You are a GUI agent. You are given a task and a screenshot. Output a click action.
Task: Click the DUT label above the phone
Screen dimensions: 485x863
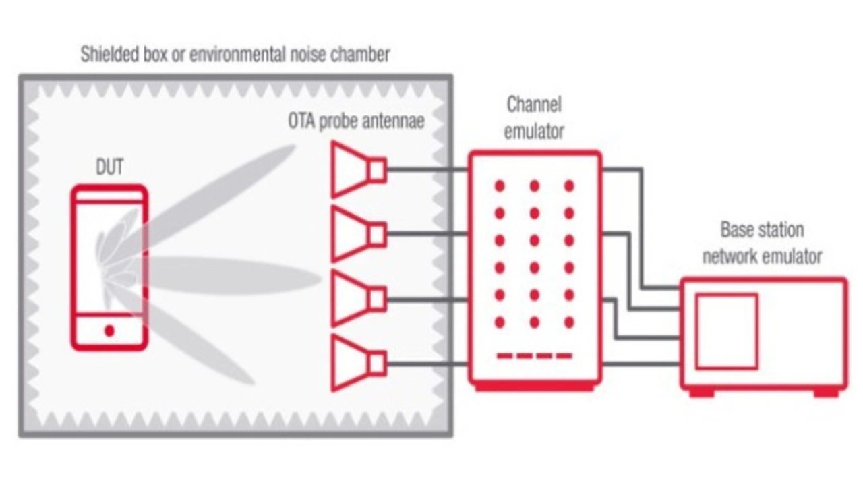pyautogui.click(x=110, y=167)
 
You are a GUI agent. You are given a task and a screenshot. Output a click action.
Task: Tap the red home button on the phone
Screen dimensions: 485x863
pyautogui.click(x=109, y=331)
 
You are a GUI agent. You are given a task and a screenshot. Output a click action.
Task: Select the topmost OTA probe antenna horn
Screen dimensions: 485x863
pyautogui.click(x=357, y=169)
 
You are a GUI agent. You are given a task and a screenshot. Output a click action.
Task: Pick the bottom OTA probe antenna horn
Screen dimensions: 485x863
pyautogui.click(x=357, y=364)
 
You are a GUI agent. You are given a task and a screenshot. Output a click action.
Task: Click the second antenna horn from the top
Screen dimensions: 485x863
pyautogui.click(x=357, y=234)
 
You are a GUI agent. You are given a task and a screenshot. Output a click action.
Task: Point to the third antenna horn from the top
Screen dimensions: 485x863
pyautogui.click(x=357, y=299)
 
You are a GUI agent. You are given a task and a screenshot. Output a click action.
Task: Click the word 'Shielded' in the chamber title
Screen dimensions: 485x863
pyautogui.click(x=109, y=55)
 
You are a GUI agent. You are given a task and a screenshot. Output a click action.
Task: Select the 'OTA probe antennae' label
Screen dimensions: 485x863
pyautogui.click(x=357, y=122)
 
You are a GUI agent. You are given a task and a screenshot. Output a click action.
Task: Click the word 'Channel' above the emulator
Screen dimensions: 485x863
pyautogui.click(x=534, y=105)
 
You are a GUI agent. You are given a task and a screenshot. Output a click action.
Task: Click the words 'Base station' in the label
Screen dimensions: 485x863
pyautogui.click(x=762, y=230)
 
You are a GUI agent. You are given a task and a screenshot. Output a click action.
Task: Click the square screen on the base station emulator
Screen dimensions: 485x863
pyautogui.click(x=726, y=331)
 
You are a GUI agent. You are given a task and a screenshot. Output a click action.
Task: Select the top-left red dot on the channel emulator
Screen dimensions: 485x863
pyautogui.click(x=500, y=186)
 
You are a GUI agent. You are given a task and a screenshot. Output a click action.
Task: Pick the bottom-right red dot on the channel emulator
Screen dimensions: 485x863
pyautogui.click(x=569, y=322)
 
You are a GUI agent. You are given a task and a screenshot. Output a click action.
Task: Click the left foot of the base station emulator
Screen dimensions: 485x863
pyautogui.click(x=701, y=392)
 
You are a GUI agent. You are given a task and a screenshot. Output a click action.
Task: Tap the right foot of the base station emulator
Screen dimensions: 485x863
pyautogui.click(x=827, y=392)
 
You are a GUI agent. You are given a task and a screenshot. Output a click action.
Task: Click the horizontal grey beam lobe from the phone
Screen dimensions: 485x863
pyautogui.click(x=229, y=276)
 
